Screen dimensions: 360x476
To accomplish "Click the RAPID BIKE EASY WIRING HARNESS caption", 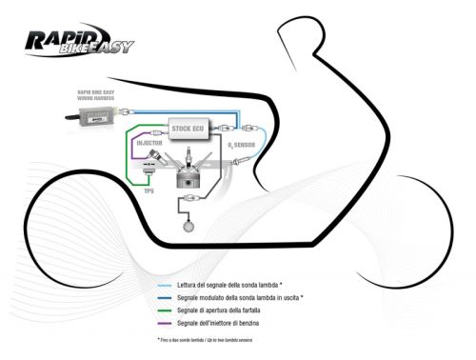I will click(98, 97).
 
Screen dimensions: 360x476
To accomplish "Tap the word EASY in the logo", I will click(114, 46).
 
